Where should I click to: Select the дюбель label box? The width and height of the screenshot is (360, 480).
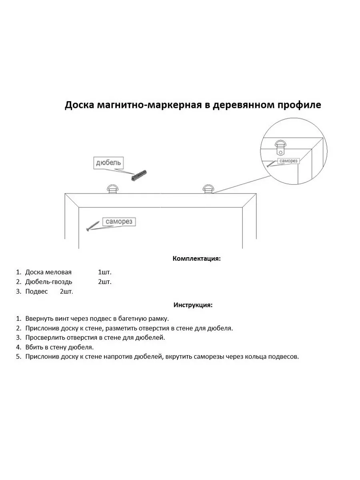coord(108,163)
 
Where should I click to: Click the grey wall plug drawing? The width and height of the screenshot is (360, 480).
coord(139,175)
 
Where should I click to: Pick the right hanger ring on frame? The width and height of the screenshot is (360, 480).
coord(208,189)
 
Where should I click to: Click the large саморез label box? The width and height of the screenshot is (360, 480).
coord(119,222)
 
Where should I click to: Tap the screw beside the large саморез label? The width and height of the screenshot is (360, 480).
coord(92,226)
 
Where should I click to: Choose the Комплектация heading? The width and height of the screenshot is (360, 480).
coord(196,258)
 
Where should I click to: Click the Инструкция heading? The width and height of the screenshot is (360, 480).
coord(193,305)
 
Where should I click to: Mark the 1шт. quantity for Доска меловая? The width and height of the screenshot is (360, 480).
coord(105,272)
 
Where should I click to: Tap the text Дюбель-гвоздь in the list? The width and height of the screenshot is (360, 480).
coord(49,282)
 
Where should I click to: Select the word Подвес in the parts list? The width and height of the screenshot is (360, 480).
coord(36,291)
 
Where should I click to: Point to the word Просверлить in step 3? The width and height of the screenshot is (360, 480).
coord(45,338)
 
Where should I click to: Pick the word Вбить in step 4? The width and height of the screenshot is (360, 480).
coord(34,347)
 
